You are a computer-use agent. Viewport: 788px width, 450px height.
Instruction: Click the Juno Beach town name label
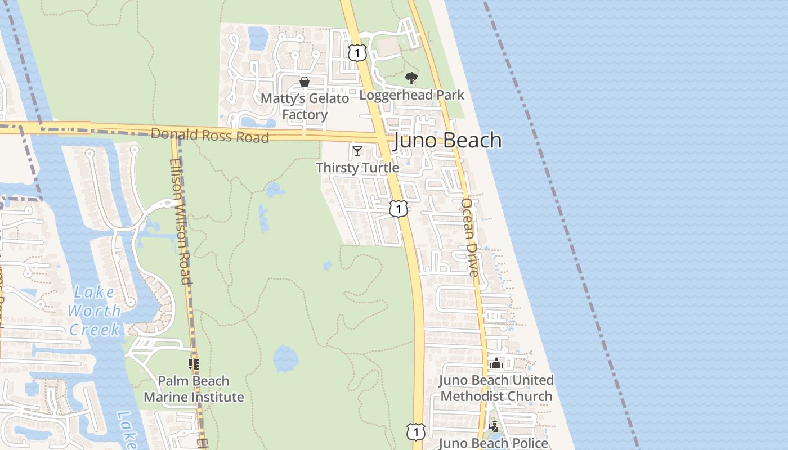pyautogui.click(x=447, y=140)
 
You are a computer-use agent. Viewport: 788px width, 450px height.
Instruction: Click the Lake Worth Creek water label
pyautogui.click(x=94, y=311)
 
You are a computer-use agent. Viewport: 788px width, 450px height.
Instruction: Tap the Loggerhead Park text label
pyautogui.click(x=411, y=94)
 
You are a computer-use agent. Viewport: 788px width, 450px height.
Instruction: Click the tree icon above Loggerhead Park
pyautogui.click(x=411, y=78)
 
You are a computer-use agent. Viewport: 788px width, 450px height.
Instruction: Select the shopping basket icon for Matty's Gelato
pyautogui.click(x=305, y=82)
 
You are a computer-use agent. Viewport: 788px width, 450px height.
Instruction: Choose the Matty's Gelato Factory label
pyautogui.click(x=305, y=106)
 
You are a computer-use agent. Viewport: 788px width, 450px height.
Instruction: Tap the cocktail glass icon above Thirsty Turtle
pyautogui.click(x=357, y=151)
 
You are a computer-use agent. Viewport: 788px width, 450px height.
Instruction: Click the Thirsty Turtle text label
pyautogui.click(x=357, y=168)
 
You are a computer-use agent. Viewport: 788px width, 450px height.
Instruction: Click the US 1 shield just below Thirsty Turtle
pyautogui.click(x=398, y=209)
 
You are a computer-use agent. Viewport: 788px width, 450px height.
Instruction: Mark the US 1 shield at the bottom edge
pyautogui.click(x=415, y=431)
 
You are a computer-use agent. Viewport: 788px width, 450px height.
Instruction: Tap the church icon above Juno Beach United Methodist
pyautogui.click(x=496, y=364)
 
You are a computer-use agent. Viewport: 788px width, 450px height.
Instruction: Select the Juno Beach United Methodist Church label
pyautogui.click(x=496, y=388)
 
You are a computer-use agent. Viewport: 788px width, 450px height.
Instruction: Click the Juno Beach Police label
pyautogui.click(x=493, y=443)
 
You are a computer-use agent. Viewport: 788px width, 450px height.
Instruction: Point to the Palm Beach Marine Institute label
pyautogui.click(x=194, y=389)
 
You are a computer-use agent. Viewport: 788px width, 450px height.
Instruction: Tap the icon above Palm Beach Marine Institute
pyautogui.click(x=194, y=364)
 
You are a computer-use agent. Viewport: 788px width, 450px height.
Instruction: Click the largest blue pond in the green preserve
pyautogui.click(x=285, y=359)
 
